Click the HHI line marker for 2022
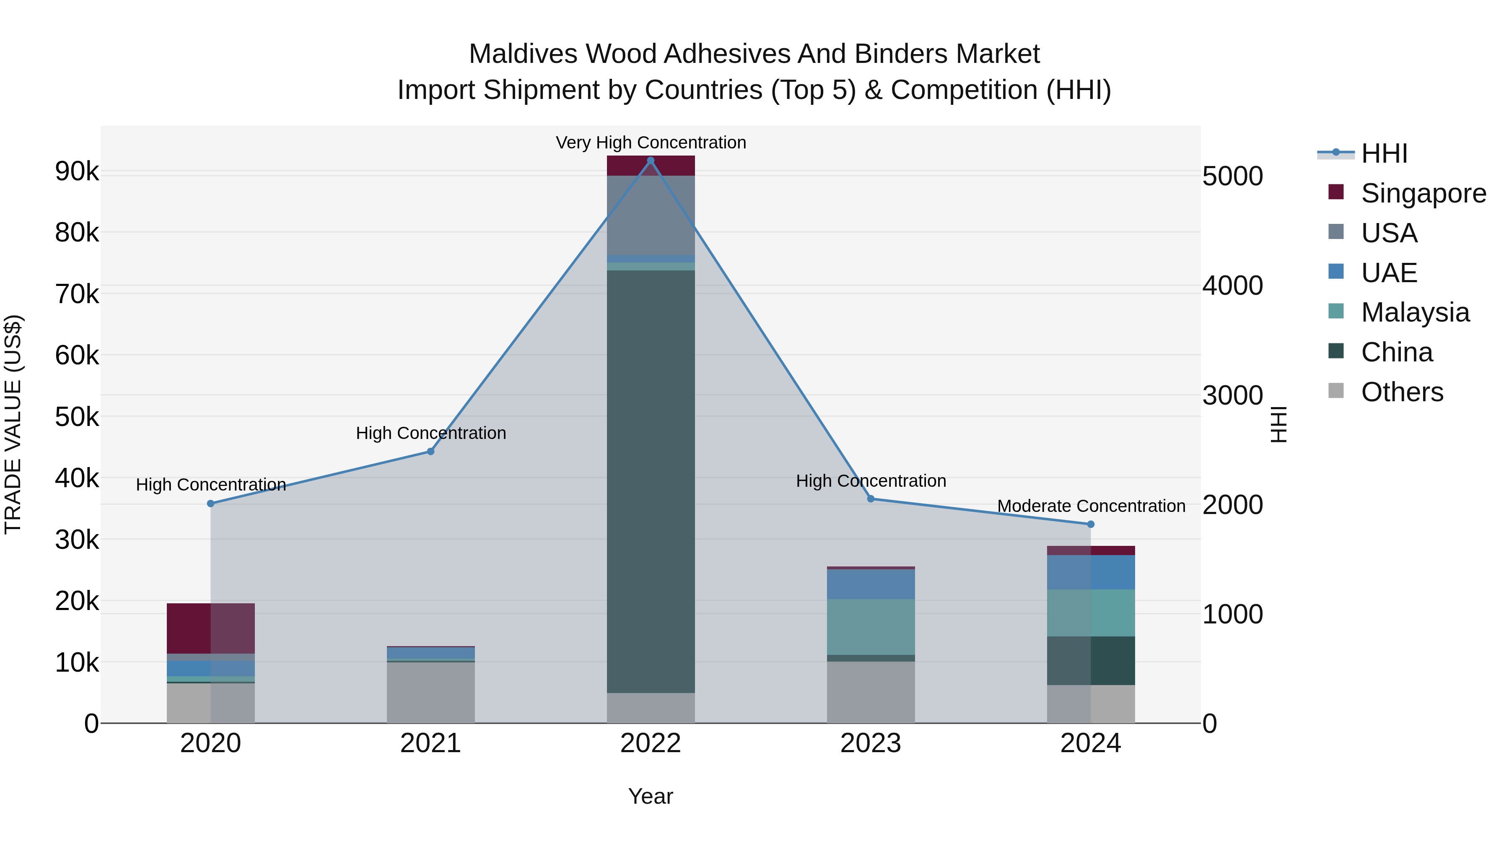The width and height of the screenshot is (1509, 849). pyautogui.click(x=650, y=161)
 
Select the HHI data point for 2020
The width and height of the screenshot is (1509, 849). pyautogui.click(x=211, y=503)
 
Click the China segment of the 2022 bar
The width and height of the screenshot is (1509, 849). pyautogui.click(x=650, y=480)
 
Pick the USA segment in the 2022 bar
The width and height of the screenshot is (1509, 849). pyautogui.click(x=650, y=215)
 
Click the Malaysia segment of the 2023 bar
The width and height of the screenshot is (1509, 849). pyautogui.click(x=871, y=626)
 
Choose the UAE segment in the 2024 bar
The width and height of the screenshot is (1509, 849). pyautogui.click(x=1090, y=572)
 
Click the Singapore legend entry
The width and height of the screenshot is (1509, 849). pyautogui.click(x=1423, y=193)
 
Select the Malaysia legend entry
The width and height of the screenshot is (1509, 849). pyautogui.click(x=1415, y=312)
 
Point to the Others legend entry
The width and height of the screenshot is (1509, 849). pyautogui.click(x=1402, y=392)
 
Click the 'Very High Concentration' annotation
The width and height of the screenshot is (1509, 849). pyautogui.click(x=650, y=143)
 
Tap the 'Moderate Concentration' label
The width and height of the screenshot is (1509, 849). pyautogui.click(x=1091, y=506)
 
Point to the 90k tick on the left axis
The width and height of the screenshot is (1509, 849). pyautogui.click(x=77, y=171)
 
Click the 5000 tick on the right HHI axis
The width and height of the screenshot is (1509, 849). pyautogui.click(x=1232, y=177)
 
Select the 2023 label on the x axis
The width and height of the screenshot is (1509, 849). pyautogui.click(x=871, y=743)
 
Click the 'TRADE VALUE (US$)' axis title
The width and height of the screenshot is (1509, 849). pyautogui.click(x=13, y=424)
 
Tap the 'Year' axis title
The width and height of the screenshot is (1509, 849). pyautogui.click(x=650, y=796)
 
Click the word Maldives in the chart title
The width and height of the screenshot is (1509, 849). pyautogui.click(x=523, y=54)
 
